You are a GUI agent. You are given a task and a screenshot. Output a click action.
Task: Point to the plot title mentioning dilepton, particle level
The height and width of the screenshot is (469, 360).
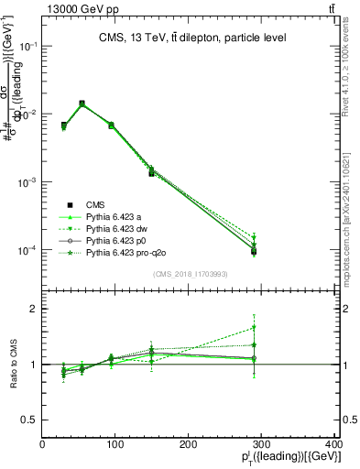(192, 38)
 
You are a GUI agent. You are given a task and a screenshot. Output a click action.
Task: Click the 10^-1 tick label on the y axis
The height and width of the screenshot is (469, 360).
(28, 46)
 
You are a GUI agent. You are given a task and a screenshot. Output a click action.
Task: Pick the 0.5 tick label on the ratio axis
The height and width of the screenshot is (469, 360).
(29, 420)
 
